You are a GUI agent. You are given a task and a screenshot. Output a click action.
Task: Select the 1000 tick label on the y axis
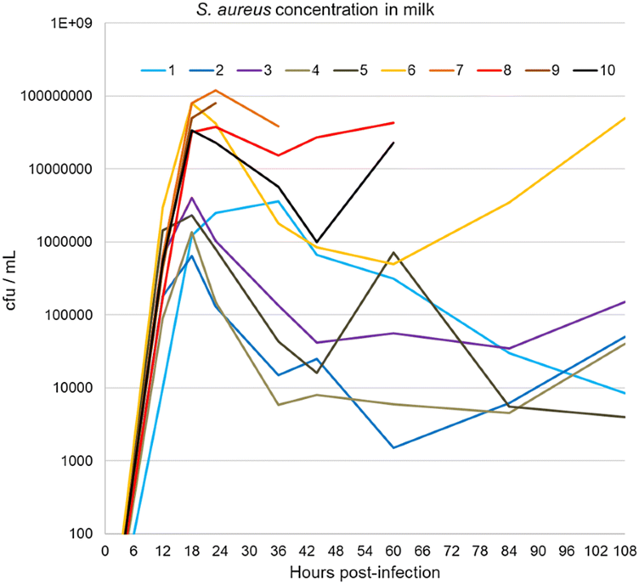80,461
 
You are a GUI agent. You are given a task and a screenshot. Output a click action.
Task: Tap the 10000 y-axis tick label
77,388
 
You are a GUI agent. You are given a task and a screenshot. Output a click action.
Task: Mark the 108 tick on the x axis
624,551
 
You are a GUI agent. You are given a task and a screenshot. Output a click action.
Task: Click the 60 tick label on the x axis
394,551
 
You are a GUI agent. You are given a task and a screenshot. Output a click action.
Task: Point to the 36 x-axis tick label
278,551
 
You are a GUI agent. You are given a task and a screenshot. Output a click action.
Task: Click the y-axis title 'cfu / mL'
12,279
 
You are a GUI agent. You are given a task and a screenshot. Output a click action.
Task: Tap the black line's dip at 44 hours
317,242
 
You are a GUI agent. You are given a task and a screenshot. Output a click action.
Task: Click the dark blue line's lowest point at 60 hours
394,448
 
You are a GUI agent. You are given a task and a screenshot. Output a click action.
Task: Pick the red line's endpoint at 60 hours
394,123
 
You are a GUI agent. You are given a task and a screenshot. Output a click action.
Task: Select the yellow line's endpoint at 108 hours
624,118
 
